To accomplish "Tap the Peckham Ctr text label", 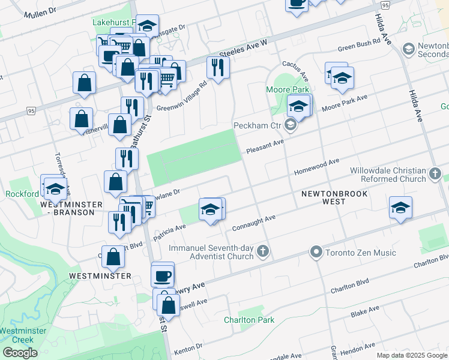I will click(258, 125).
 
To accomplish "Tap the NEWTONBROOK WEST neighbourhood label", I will click(332, 198).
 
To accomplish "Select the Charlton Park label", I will click(249, 320).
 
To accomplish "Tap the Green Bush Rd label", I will click(359, 44).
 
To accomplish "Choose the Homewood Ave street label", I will click(317, 167).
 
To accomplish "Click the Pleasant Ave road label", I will click(264, 146).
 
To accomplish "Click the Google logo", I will click(20, 353).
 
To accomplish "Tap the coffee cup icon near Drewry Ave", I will click(163, 276).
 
